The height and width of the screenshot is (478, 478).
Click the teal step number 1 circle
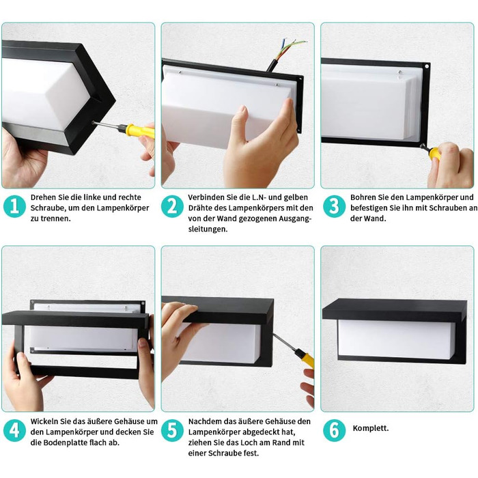point(14,206)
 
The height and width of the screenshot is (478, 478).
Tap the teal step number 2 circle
point(172,206)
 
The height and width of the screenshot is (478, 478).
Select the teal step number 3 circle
point(334,206)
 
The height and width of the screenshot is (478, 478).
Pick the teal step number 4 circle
point(14,430)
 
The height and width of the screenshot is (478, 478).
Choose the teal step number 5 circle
point(172,430)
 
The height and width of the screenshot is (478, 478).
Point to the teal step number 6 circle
point(334,430)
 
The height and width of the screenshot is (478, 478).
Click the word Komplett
point(370,428)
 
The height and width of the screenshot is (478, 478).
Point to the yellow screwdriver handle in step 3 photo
point(434,154)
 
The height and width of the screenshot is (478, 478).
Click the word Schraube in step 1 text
point(45,208)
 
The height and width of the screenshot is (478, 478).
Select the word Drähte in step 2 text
point(200,208)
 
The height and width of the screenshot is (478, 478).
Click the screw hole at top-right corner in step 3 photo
point(427,66)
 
